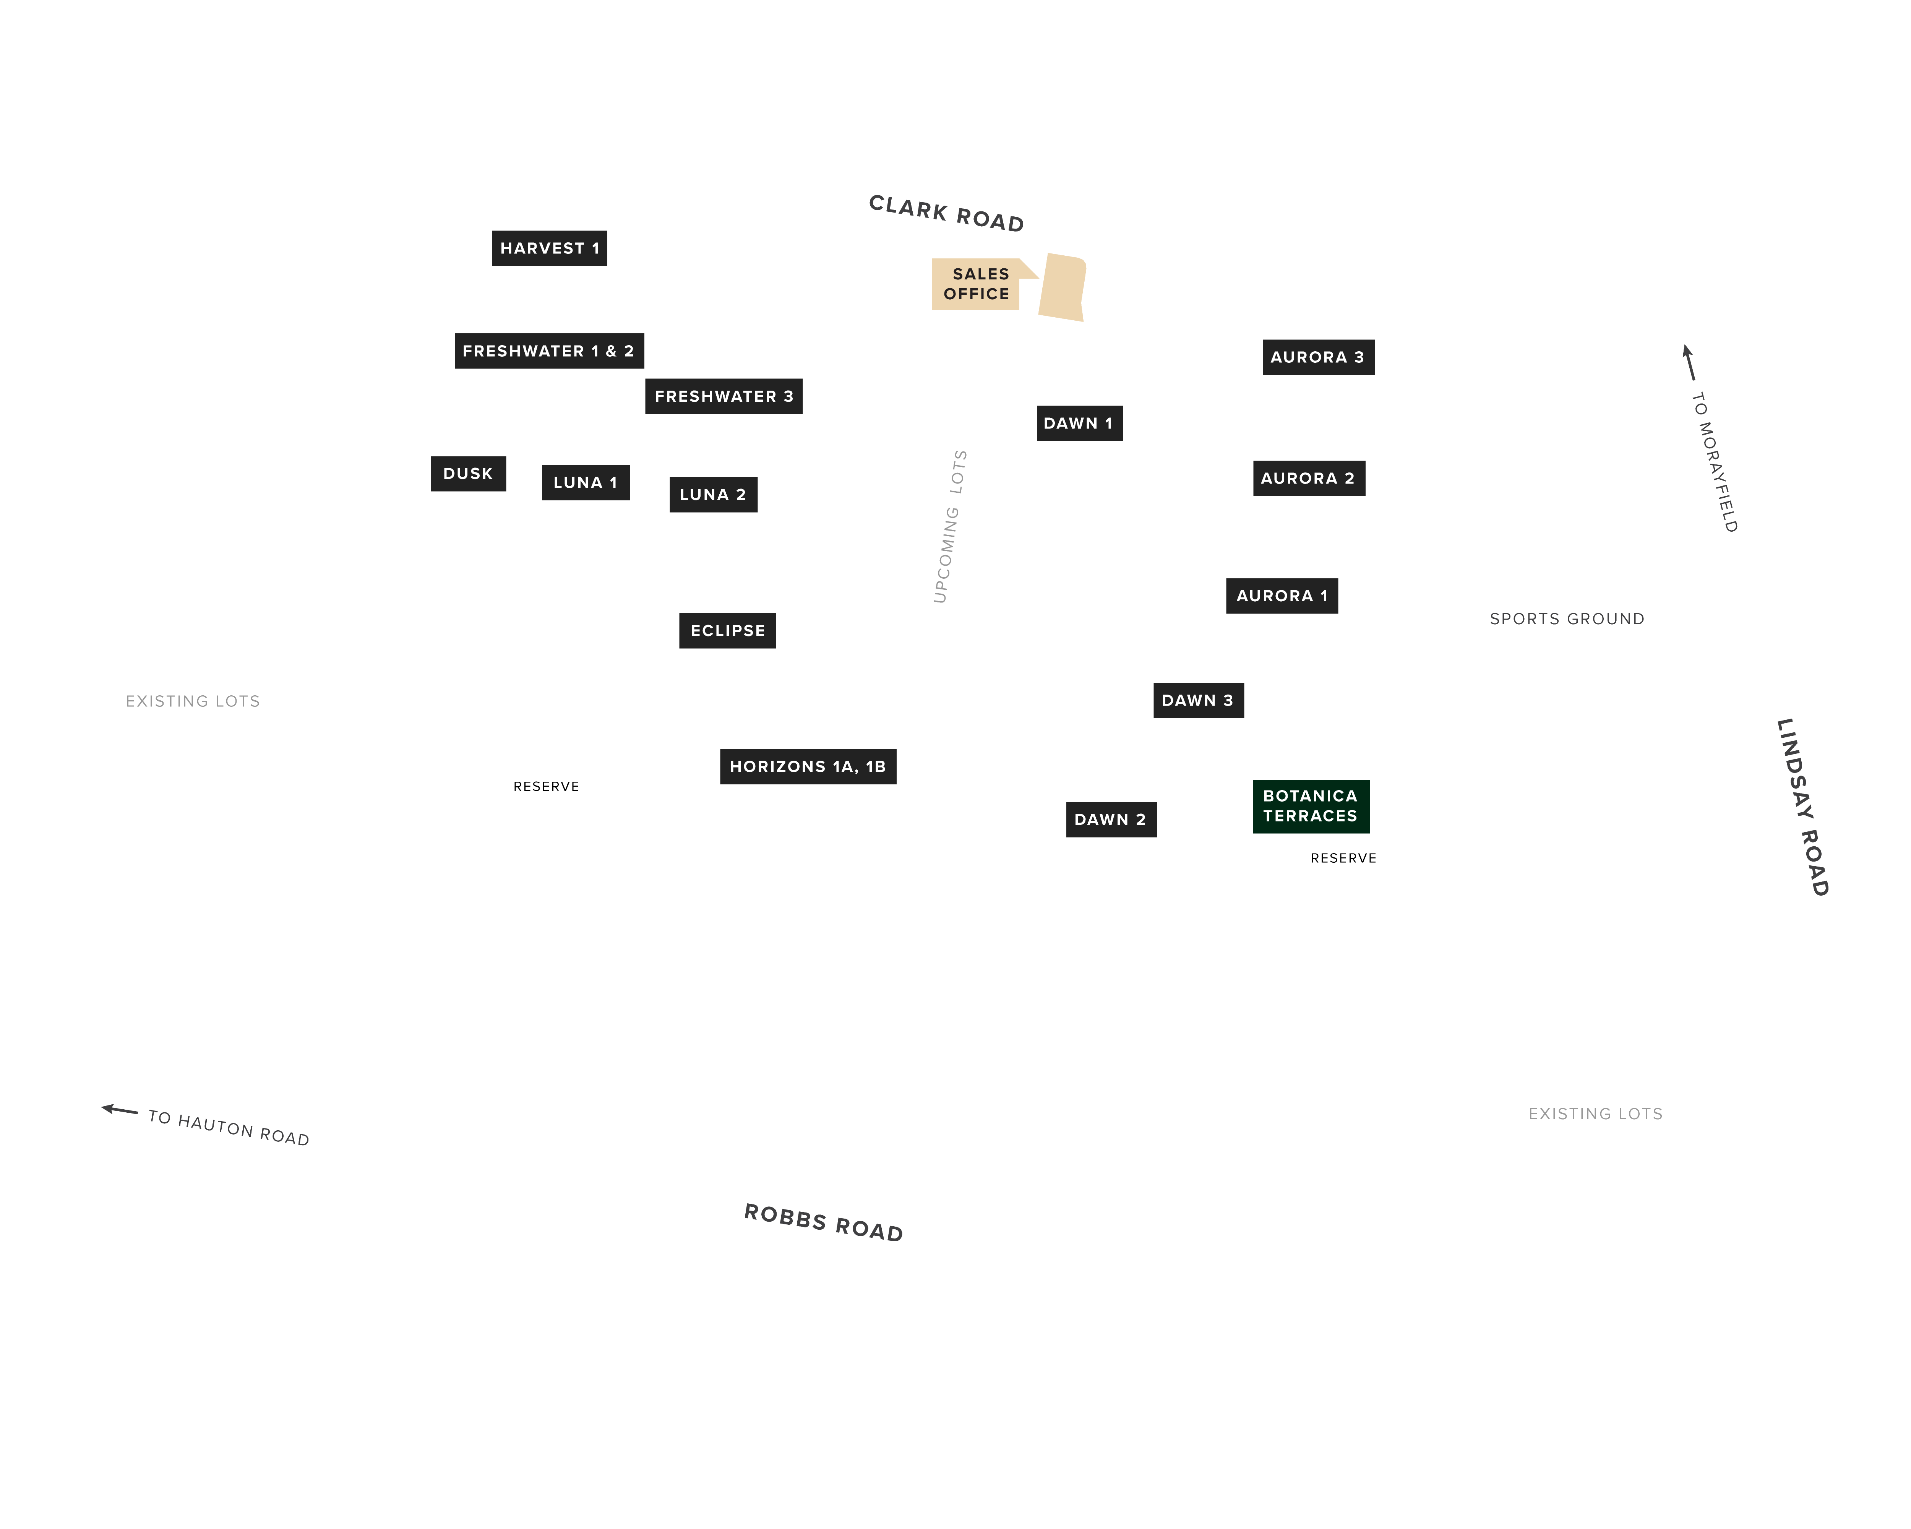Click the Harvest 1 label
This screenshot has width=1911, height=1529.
(550, 248)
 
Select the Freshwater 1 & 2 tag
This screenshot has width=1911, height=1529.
(550, 351)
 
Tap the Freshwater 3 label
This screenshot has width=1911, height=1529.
(724, 396)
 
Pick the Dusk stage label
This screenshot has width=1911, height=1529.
(468, 473)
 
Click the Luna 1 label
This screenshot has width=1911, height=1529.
(586, 482)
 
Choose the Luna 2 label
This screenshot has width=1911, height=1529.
(714, 495)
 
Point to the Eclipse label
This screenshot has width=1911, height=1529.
(728, 631)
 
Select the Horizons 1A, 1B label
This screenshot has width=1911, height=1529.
(808, 767)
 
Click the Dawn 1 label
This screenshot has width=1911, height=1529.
(1080, 424)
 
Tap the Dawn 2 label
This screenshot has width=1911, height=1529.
(1111, 820)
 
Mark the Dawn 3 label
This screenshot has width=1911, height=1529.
(1198, 700)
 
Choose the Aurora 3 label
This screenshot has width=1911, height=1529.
(1319, 357)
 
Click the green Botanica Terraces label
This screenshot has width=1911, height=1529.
(1312, 807)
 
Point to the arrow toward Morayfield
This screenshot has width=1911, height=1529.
(1689, 362)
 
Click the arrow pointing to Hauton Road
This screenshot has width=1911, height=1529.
(120, 1110)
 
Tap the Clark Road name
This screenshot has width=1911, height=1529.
(947, 214)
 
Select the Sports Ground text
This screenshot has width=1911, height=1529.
(1567, 619)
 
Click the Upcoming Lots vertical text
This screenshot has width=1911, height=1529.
(950, 526)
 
